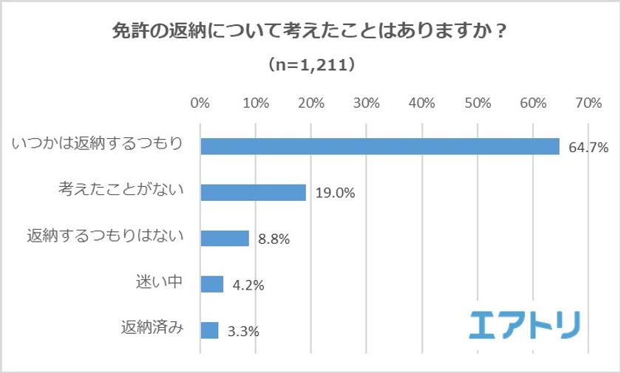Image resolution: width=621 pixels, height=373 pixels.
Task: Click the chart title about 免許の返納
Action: click(x=310, y=33)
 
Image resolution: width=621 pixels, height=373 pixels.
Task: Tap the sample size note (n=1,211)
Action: click(x=310, y=66)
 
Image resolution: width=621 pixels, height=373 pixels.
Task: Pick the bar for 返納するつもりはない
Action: click(x=225, y=238)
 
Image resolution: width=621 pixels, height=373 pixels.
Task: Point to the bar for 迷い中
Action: click(x=212, y=284)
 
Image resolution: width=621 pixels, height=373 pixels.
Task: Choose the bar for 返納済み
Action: click(x=209, y=329)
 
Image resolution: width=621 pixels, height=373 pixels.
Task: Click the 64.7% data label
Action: click(x=588, y=148)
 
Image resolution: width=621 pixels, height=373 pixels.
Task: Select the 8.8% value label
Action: click(x=274, y=239)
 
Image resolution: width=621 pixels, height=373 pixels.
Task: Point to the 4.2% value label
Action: click(x=248, y=285)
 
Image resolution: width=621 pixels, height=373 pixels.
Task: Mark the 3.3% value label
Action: click(x=243, y=332)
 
